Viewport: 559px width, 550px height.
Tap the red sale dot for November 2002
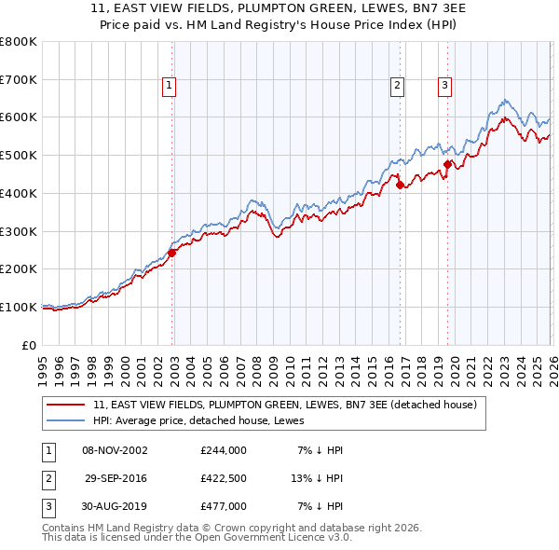tap(172, 252)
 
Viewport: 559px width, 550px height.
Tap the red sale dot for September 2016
tap(400, 185)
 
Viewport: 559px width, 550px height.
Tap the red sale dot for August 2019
tap(447, 164)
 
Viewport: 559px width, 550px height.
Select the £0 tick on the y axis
tap(30, 345)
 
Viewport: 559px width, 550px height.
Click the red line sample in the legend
tap(67, 405)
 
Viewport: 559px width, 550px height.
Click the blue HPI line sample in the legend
tap(67, 420)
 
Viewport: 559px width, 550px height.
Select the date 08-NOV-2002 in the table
tap(115, 450)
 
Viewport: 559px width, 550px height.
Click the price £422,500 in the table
tap(223, 478)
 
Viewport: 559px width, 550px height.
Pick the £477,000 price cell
tap(223, 506)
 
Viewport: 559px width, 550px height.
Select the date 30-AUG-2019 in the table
tap(115, 506)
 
